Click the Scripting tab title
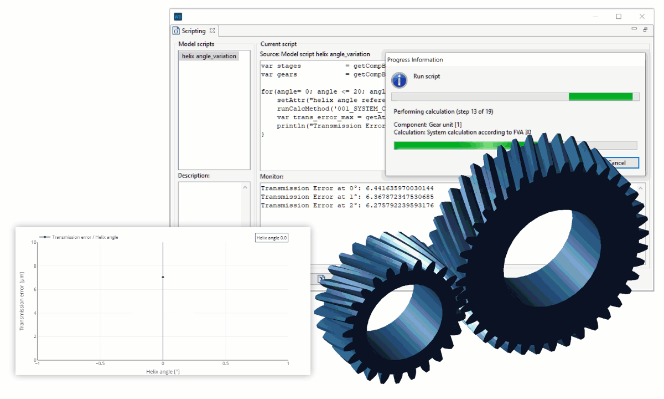[x=193, y=31]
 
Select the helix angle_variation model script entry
[x=209, y=56]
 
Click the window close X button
[x=642, y=17]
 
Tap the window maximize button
[x=619, y=17]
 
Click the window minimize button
[x=595, y=17]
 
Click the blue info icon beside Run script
[x=400, y=80]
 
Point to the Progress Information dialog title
[x=414, y=60]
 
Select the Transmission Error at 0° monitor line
[x=347, y=188]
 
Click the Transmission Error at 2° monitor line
[x=347, y=206]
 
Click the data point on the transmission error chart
[x=163, y=277]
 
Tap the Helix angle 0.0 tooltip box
[x=272, y=238]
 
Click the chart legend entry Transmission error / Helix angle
[x=85, y=237]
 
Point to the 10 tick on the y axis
[x=33, y=242]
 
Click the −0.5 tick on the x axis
[x=100, y=364]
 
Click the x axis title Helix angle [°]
[x=163, y=371]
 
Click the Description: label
[x=194, y=176]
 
